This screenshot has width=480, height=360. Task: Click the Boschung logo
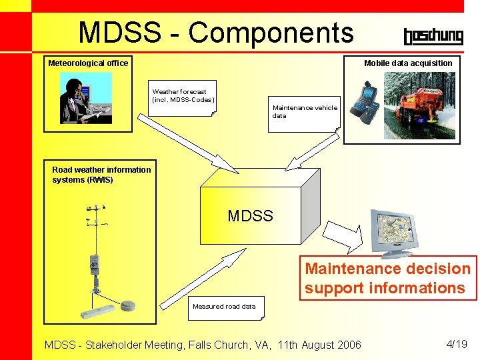coord(433,36)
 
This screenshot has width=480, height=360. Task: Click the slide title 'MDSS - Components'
coord(215,32)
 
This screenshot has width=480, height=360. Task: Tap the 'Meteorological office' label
coord(88,63)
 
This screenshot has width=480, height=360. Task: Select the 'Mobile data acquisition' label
coord(408,63)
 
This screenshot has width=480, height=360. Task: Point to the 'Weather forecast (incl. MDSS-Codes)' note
coord(183,96)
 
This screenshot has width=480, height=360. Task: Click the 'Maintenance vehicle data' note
coord(305,111)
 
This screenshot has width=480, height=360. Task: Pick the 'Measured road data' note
coord(224,307)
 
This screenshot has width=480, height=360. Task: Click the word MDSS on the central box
coord(250,216)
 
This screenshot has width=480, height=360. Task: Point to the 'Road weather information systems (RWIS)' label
coord(101,175)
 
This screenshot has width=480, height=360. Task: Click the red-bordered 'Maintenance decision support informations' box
coord(388,279)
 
